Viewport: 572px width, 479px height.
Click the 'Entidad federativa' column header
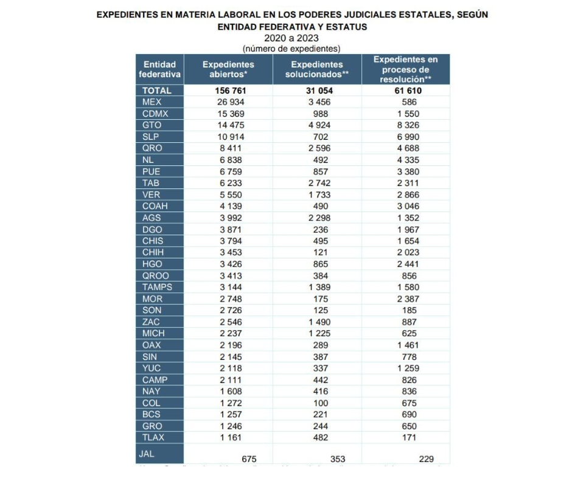click(x=159, y=69)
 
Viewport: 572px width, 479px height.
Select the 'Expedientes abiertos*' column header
click(x=228, y=69)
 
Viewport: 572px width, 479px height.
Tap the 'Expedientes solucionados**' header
click(x=317, y=69)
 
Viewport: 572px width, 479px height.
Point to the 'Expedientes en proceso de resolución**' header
click(x=405, y=69)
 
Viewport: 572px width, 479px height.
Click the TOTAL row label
click(x=156, y=91)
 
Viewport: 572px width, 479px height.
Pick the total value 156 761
click(x=228, y=91)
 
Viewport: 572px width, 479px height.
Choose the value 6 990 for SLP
click(x=406, y=137)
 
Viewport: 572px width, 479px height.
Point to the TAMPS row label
click(x=157, y=287)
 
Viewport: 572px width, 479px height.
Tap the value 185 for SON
click(x=406, y=310)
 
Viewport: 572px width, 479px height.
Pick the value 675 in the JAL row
click(x=248, y=460)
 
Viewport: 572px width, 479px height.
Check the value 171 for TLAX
click(x=406, y=437)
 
